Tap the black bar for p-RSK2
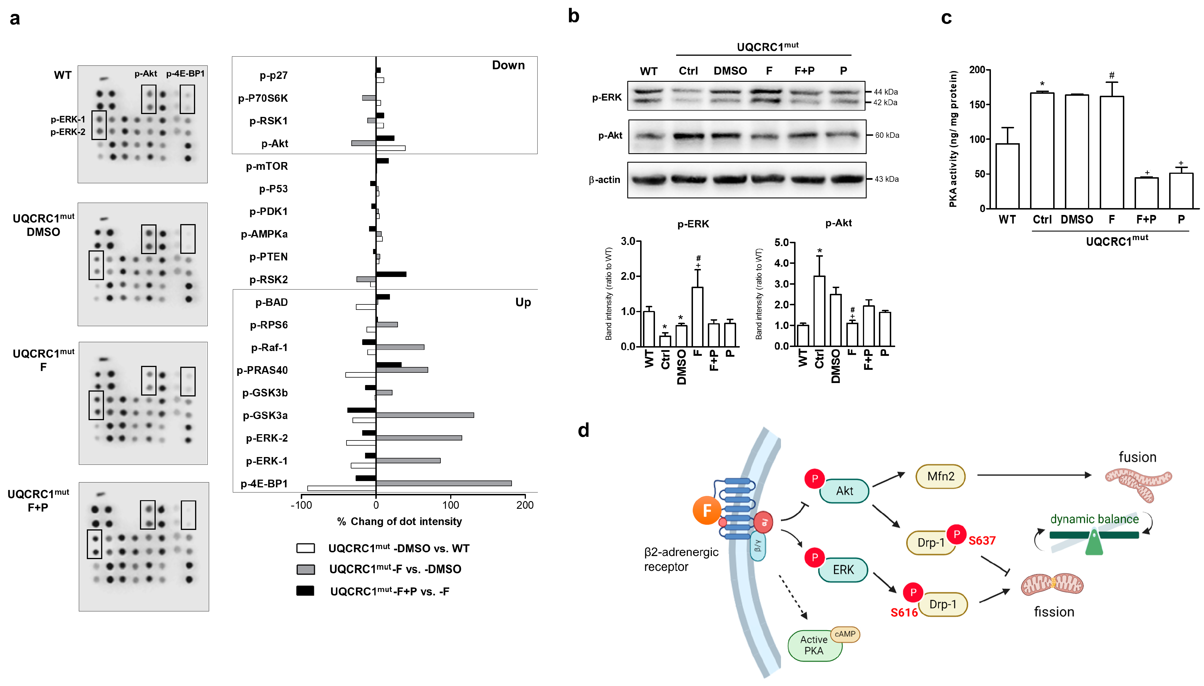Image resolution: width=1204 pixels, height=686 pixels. (x=391, y=274)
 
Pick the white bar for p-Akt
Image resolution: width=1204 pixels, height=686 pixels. (x=390, y=148)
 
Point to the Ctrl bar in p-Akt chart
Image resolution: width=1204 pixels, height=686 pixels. (x=819, y=311)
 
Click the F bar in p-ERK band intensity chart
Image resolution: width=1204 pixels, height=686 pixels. (x=697, y=317)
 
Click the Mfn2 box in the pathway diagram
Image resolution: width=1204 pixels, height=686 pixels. (x=940, y=476)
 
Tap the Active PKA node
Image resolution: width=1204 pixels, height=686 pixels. (x=814, y=645)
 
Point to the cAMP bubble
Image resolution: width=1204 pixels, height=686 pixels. (x=845, y=634)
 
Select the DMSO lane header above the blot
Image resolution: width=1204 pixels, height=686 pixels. (x=730, y=71)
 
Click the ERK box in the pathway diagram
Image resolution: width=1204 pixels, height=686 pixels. (x=843, y=570)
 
